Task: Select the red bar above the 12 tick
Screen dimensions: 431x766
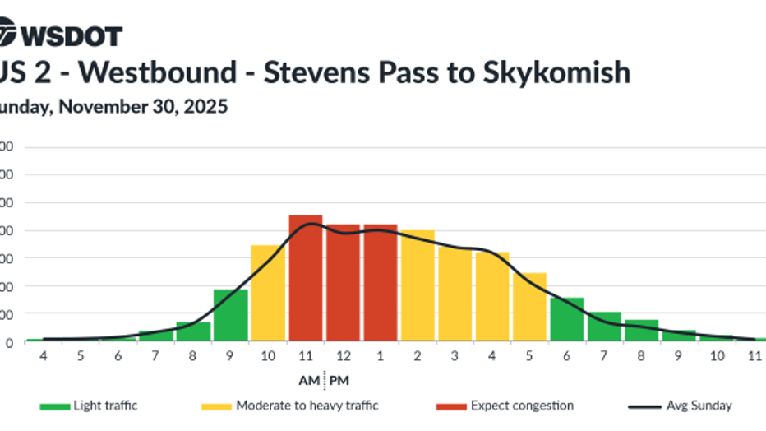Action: point(343,283)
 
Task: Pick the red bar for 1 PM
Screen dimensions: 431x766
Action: point(380,283)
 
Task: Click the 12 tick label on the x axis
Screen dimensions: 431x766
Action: point(343,355)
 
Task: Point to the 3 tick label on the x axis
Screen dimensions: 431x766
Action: point(455,355)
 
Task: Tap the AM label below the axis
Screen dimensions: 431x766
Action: point(310,380)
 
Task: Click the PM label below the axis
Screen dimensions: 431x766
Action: point(339,380)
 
